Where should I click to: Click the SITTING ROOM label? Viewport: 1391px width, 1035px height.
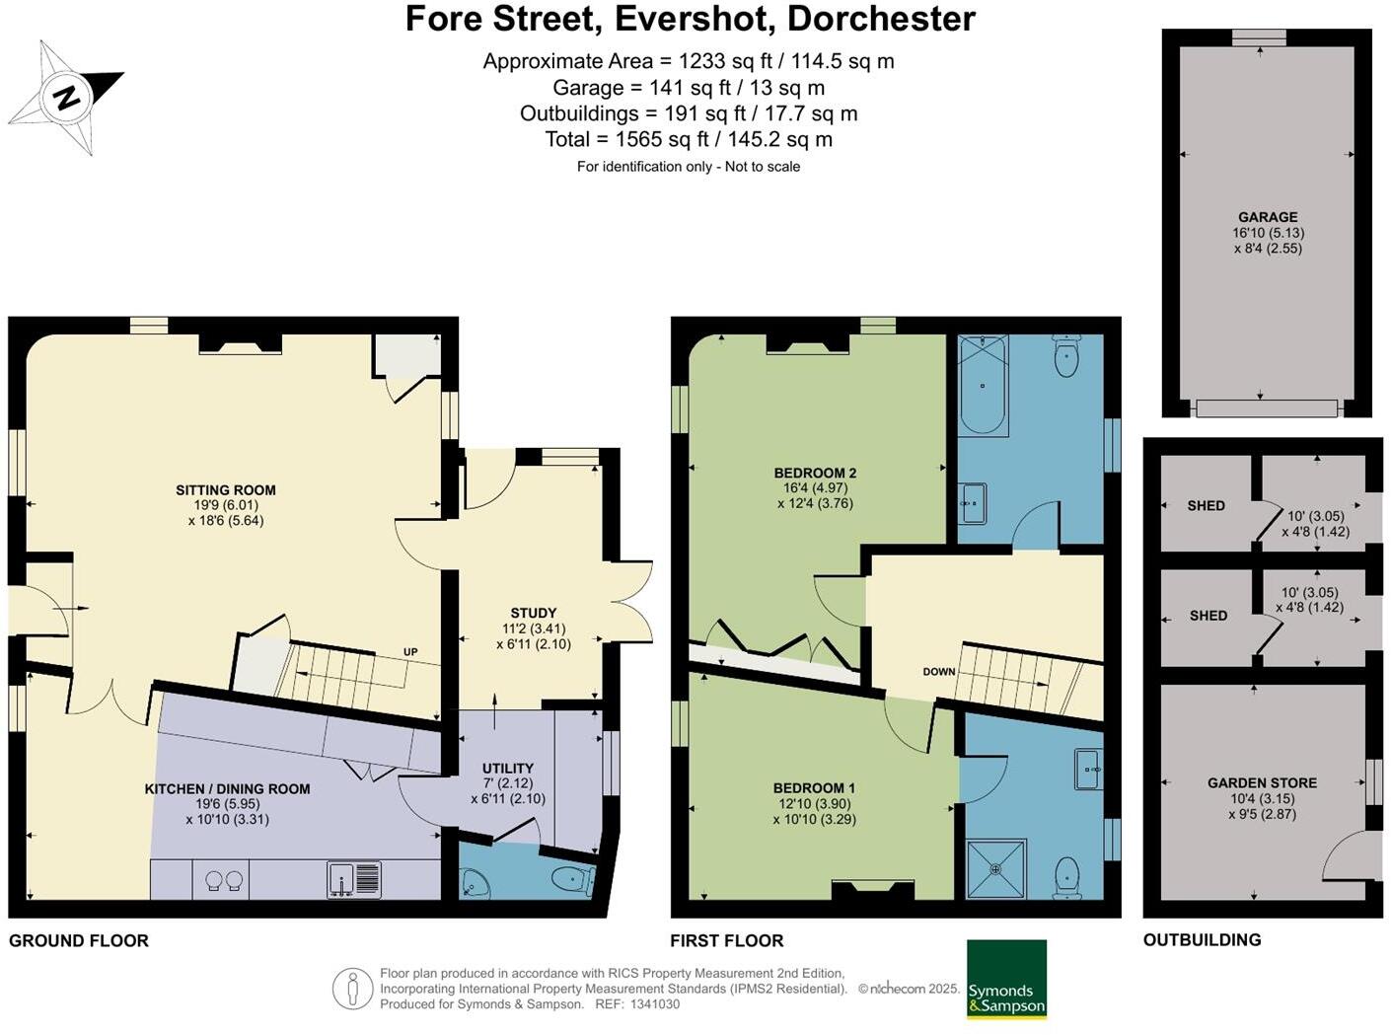click(x=225, y=490)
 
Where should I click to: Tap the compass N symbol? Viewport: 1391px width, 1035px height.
click(x=66, y=98)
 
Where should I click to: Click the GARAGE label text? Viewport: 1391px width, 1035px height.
click(x=1268, y=217)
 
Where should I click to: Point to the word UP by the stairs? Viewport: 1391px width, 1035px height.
click(x=410, y=652)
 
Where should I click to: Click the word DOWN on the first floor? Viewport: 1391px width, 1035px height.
click(x=939, y=672)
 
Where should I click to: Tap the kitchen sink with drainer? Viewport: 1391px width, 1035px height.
click(x=354, y=879)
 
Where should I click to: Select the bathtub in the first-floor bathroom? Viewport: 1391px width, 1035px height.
click(x=983, y=385)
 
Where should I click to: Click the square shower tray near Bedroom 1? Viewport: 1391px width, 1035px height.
click(x=996, y=869)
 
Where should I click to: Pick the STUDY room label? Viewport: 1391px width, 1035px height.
click(x=533, y=613)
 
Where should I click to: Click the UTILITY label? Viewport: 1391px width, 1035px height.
click(x=508, y=768)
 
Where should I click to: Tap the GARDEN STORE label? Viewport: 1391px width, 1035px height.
click(x=1262, y=782)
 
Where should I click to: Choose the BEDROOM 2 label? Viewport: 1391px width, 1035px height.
click(x=815, y=473)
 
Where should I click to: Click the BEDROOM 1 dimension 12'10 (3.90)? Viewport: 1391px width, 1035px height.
click(x=815, y=803)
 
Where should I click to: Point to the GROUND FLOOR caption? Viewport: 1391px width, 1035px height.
click(x=79, y=941)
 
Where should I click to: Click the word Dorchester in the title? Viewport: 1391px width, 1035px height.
click(x=881, y=19)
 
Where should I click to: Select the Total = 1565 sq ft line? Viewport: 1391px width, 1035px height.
click(x=689, y=139)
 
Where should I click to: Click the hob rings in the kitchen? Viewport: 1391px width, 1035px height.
click(x=224, y=880)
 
